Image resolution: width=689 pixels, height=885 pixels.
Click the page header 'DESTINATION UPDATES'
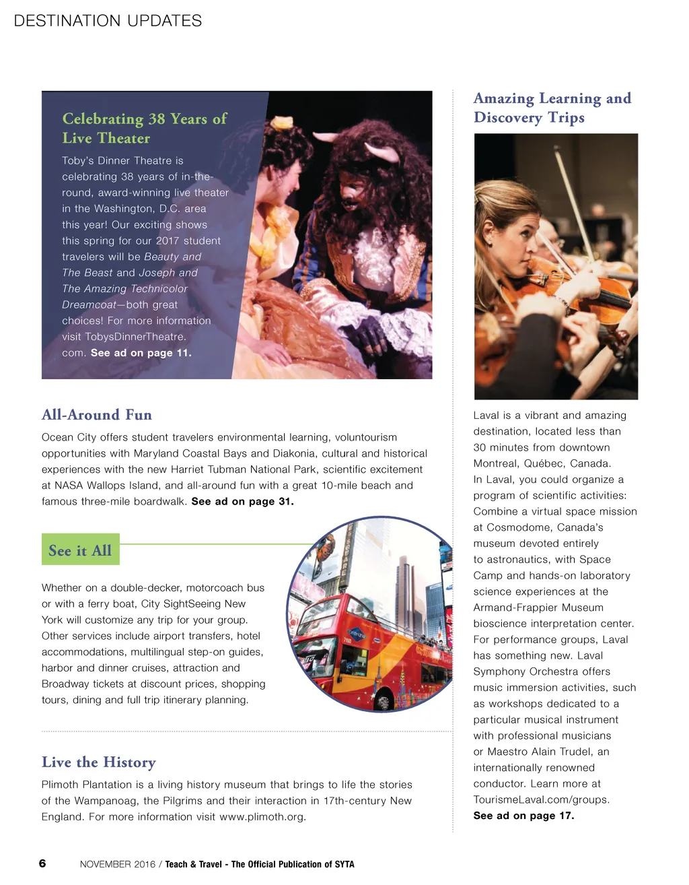coord(108,21)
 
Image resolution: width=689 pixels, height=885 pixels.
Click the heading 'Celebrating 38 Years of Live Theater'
coord(144,128)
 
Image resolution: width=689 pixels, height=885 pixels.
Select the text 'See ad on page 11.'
coord(141,353)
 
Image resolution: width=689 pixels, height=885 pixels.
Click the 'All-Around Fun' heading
coord(97,415)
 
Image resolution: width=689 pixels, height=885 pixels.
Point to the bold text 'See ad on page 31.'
coord(242,501)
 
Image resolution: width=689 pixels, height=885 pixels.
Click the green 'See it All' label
coord(80,550)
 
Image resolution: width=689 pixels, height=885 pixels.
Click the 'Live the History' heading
coord(99,762)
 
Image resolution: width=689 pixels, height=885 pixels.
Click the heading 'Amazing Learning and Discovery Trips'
coord(552,108)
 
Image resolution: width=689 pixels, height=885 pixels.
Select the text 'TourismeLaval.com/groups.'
coord(541,800)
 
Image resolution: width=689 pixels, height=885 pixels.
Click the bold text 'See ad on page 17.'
coord(523,816)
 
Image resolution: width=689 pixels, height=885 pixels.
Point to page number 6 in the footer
coord(42,863)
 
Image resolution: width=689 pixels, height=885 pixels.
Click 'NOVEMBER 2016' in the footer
coord(117,864)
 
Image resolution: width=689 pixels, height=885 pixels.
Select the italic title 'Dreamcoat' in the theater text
coord(89,304)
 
